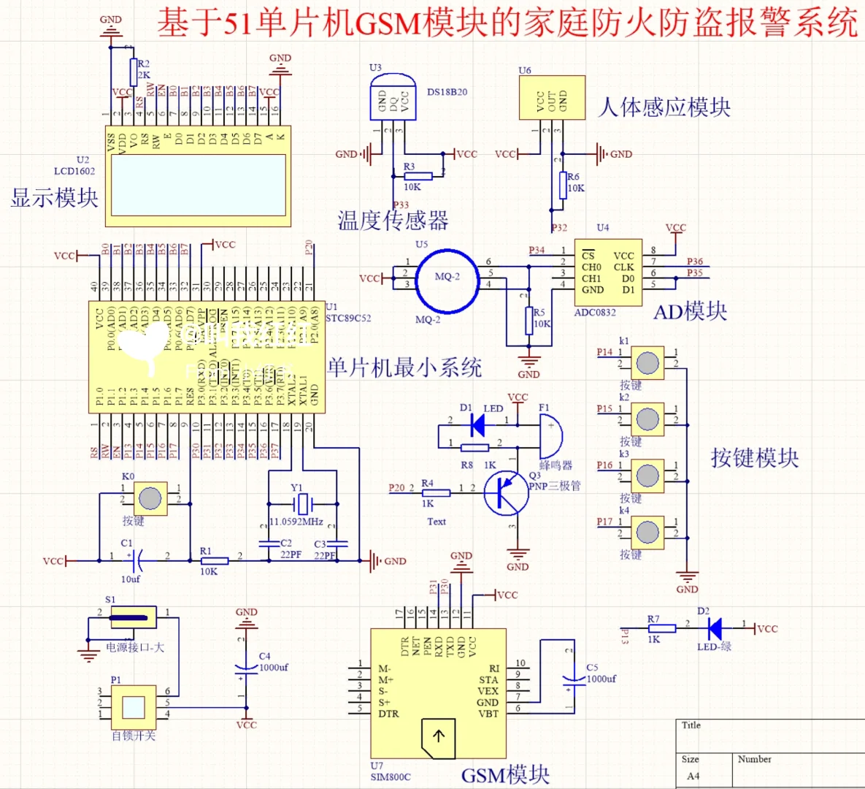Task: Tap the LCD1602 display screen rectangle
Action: (197, 184)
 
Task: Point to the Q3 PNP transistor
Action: (506, 493)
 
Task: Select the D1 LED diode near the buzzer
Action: (478, 424)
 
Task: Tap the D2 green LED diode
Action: (715, 628)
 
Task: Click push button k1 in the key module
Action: (647, 363)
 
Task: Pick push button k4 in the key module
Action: (647, 532)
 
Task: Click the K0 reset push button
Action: (150, 498)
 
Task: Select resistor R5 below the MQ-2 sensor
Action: (529, 320)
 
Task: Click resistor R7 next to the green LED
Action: (662, 628)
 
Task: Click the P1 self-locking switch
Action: (134, 707)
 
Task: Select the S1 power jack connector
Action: (134, 617)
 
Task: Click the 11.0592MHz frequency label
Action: (296, 522)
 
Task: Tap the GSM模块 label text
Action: (505, 774)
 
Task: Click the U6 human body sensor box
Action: (552, 97)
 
